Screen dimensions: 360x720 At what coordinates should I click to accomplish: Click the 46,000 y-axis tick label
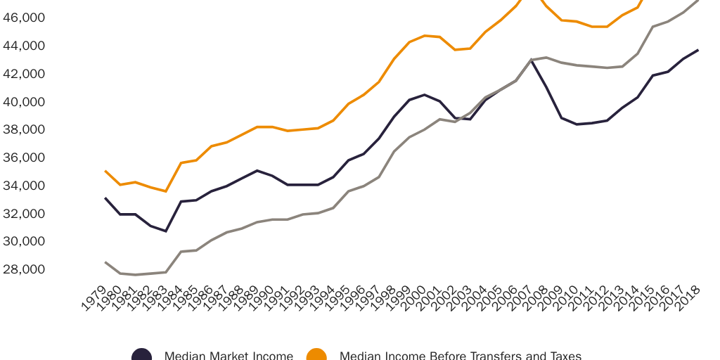[x=23, y=18]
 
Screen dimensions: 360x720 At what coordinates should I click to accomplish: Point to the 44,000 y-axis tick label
[x=23, y=46]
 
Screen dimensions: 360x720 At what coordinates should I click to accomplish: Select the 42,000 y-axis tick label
[x=23, y=74]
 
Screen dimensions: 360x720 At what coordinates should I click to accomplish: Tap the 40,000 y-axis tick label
[x=23, y=102]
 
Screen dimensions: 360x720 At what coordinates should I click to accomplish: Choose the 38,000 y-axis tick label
[x=23, y=129]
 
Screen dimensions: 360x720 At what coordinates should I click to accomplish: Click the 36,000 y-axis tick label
[x=23, y=157]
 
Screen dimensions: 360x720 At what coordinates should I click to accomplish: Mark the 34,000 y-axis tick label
[x=23, y=186]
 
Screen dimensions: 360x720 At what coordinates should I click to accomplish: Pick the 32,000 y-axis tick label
[x=23, y=213]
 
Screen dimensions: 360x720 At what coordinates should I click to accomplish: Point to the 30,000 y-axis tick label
[x=23, y=241]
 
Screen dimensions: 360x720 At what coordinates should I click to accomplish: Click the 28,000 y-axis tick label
[x=23, y=269]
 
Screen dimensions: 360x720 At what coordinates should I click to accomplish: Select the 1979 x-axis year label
[x=94, y=299]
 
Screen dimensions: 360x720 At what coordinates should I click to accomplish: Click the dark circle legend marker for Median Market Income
[x=141, y=355]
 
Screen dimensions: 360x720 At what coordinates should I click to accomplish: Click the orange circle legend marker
[x=316, y=355]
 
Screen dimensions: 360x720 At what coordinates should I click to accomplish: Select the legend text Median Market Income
[x=229, y=356]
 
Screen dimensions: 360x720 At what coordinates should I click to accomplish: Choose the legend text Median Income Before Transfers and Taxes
[x=461, y=356]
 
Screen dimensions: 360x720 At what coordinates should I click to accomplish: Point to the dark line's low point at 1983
[x=166, y=231]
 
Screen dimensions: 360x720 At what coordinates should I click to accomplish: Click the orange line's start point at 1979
[x=105, y=171]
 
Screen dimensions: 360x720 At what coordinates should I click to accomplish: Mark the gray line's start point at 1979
[x=105, y=262]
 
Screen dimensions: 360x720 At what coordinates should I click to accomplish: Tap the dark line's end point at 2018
[x=697, y=50]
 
